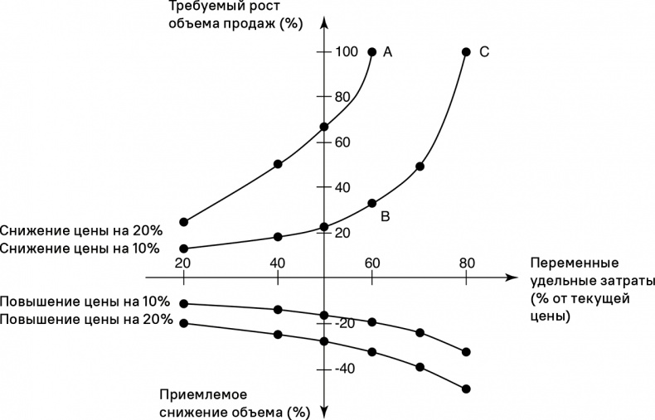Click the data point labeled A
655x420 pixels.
click(x=371, y=52)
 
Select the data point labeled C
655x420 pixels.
click(x=466, y=52)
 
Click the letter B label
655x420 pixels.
click(x=385, y=216)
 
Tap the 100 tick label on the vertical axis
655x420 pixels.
click(x=347, y=52)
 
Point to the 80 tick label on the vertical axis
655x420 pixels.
click(x=343, y=97)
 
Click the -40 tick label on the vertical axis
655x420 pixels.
click(x=345, y=368)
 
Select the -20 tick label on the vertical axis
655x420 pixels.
click(x=345, y=323)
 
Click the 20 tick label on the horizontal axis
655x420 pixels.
click(x=183, y=263)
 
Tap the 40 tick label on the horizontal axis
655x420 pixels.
click(x=278, y=263)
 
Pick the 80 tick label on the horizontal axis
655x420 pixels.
click(x=466, y=263)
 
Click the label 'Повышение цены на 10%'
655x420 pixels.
click(x=86, y=302)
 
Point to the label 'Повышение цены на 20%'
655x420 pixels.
click(x=86, y=319)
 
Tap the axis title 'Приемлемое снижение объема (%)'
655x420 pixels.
click(x=234, y=403)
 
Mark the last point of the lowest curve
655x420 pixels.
click(x=466, y=389)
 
